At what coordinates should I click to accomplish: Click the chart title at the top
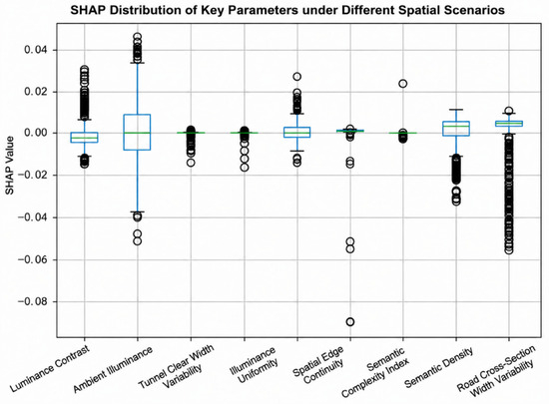pos(287,10)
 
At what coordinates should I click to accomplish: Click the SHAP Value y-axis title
pos(9,166)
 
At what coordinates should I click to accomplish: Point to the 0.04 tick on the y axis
pos(36,50)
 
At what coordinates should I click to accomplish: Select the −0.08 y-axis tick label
pos(33,301)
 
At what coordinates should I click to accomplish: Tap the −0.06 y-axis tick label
pos(33,259)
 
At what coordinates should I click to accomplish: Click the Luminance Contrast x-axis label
pos(50,367)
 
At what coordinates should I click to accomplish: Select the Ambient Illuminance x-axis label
pos(113,369)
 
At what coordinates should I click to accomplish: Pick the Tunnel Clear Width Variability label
pos(177,366)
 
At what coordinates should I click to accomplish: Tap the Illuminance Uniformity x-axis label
pos(254,364)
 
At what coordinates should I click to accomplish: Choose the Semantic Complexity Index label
pos(374,372)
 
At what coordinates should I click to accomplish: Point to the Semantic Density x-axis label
pos(438,367)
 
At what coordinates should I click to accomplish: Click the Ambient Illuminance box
pos(138,133)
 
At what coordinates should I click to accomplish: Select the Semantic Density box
pos(456,129)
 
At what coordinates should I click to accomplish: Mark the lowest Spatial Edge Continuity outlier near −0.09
pos(350,322)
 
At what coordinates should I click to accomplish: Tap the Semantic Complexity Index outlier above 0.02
pos(403,83)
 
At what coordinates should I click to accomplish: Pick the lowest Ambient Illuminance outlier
pos(138,241)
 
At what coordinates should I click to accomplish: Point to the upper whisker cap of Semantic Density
pos(456,110)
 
